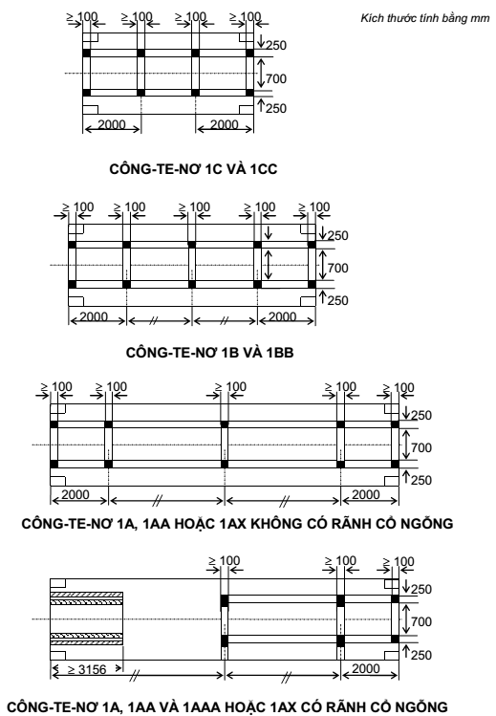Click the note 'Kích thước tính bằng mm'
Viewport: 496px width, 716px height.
pyautogui.click(x=425, y=18)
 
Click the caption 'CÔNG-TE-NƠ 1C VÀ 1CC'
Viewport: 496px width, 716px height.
pyautogui.click(x=193, y=169)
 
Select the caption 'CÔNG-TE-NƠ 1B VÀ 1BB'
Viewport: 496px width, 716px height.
pyautogui.click(x=209, y=353)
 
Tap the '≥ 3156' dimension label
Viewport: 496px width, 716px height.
pyautogui.click(x=87, y=669)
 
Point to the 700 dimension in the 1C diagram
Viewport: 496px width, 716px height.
pyautogui.click(x=276, y=78)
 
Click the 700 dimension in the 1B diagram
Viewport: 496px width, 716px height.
pyautogui.click(x=337, y=268)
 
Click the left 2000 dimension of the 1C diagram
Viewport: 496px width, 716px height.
pyautogui.click(x=112, y=124)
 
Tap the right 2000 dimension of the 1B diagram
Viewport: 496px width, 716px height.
pyautogui.click(x=283, y=316)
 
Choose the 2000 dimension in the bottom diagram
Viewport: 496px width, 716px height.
pyautogui.click(x=366, y=668)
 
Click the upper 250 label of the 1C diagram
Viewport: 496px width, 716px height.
pyautogui.click(x=276, y=45)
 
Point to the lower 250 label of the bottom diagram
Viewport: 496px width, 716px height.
pyautogui.click(x=421, y=655)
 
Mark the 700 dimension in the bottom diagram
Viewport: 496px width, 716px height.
pyautogui.click(x=421, y=621)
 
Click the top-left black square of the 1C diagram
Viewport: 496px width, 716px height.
pyautogui.click(x=87, y=53)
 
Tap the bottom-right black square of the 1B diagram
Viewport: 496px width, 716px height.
pyautogui.click(x=312, y=285)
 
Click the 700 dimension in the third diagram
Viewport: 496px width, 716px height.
pyautogui.click(x=421, y=447)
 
